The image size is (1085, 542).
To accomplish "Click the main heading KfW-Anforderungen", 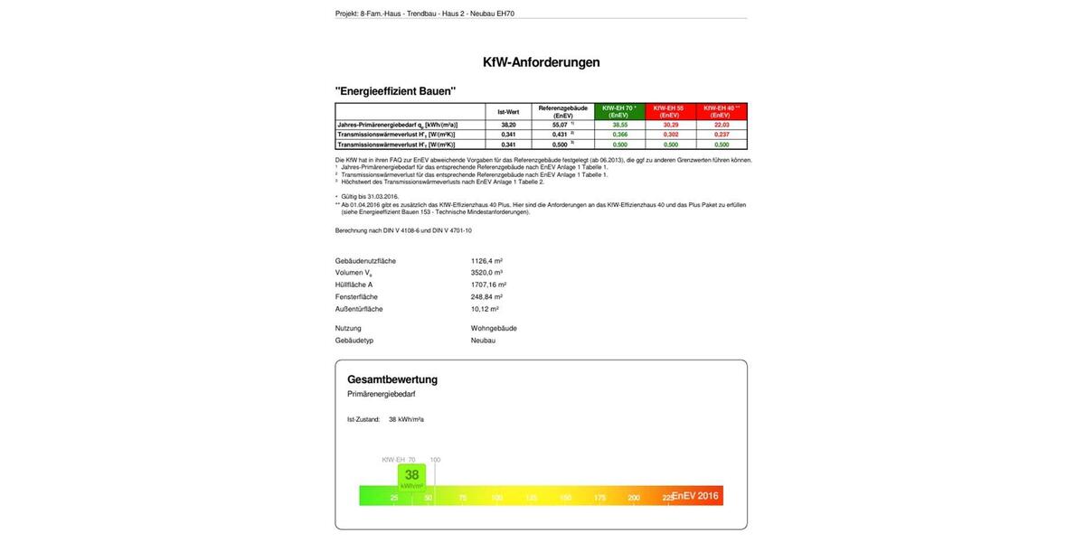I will [x=541, y=62].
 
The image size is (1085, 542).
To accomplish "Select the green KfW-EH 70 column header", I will [x=618, y=111].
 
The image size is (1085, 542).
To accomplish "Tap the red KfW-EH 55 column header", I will [x=669, y=111].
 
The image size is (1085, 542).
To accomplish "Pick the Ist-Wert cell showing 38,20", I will [x=508, y=125].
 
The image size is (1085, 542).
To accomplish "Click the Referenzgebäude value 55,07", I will [x=561, y=125].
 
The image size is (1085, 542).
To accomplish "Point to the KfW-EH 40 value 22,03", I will [x=721, y=125].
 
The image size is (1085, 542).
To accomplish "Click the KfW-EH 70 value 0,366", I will [x=619, y=135].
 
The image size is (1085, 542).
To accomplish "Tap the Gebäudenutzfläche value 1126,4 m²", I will [x=486, y=261].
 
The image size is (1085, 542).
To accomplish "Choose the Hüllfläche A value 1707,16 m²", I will [x=488, y=285].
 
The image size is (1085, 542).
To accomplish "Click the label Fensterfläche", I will [x=356, y=297].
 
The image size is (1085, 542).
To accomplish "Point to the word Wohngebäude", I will [x=494, y=329].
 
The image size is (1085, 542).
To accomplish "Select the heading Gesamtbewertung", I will [x=392, y=379].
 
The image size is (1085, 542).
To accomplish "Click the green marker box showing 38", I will [x=411, y=477].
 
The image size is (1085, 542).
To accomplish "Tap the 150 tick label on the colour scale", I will [x=565, y=498].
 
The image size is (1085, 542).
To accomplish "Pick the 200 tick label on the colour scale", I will [x=634, y=498].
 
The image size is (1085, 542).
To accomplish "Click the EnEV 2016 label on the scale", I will [x=695, y=496].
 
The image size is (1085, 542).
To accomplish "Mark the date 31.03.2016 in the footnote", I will [x=382, y=197].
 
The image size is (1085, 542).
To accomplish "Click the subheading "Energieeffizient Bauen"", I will [x=395, y=91].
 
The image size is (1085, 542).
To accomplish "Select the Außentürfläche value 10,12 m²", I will [x=485, y=309].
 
